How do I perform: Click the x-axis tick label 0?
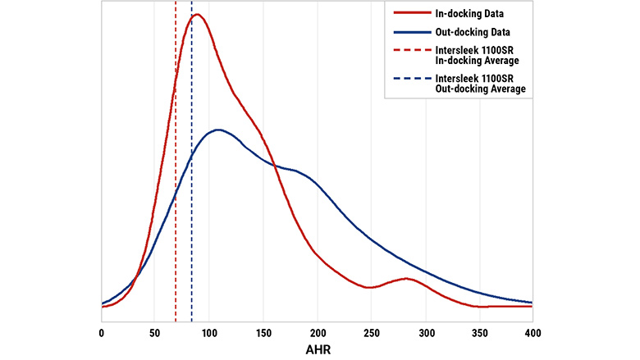(101, 333)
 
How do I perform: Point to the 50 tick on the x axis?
(155, 333)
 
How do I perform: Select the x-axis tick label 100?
(209, 333)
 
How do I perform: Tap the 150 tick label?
(263, 333)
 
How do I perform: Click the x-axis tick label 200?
(317, 333)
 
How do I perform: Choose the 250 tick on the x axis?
(371, 333)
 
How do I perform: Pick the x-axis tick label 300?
(425, 333)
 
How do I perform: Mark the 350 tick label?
(479, 333)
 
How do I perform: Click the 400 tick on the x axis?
(533, 333)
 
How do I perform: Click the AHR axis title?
(317, 349)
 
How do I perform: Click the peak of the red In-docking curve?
(197, 14)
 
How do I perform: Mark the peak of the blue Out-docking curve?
(217, 130)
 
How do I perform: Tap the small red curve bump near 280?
(405, 279)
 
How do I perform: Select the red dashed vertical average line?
(176, 205)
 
